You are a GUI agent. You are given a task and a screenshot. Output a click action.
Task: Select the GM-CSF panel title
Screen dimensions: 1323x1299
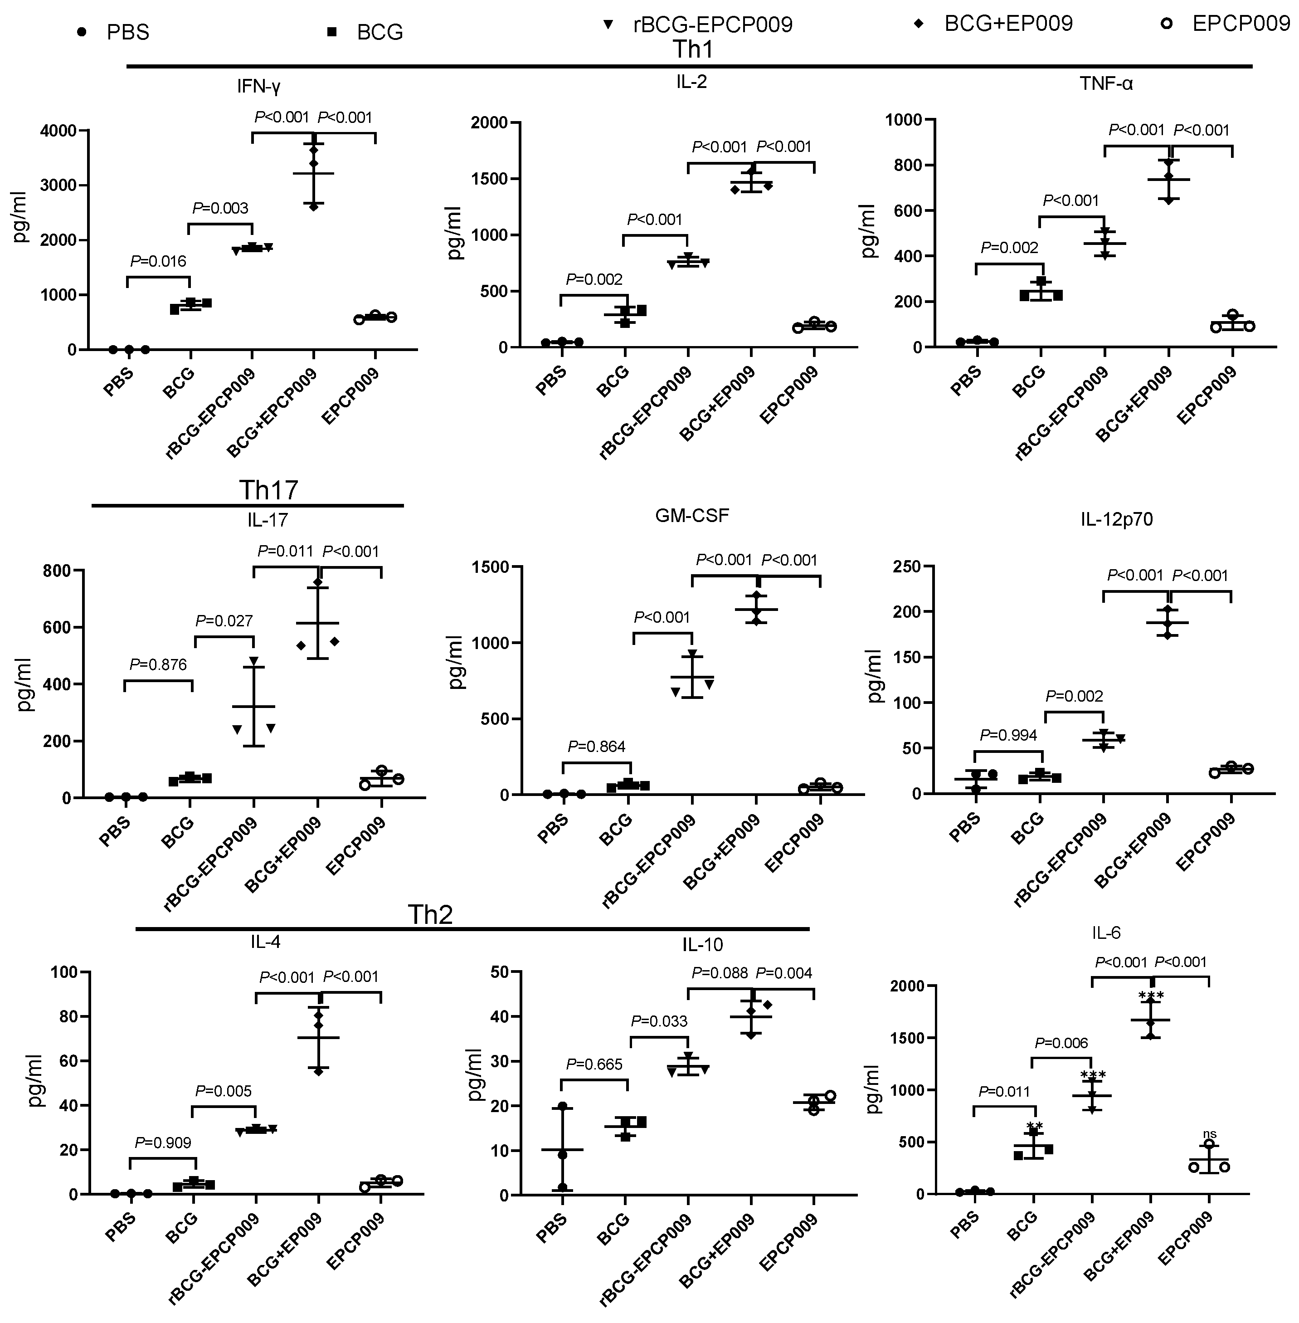(x=692, y=515)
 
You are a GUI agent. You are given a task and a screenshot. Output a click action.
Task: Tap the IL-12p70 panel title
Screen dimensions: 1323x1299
(x=1116, y=519)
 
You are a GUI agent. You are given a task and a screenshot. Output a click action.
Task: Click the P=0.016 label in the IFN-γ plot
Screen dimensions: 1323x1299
(x=158, y=261)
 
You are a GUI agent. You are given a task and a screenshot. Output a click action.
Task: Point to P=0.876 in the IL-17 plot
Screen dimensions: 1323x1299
(x=158, y=664)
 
